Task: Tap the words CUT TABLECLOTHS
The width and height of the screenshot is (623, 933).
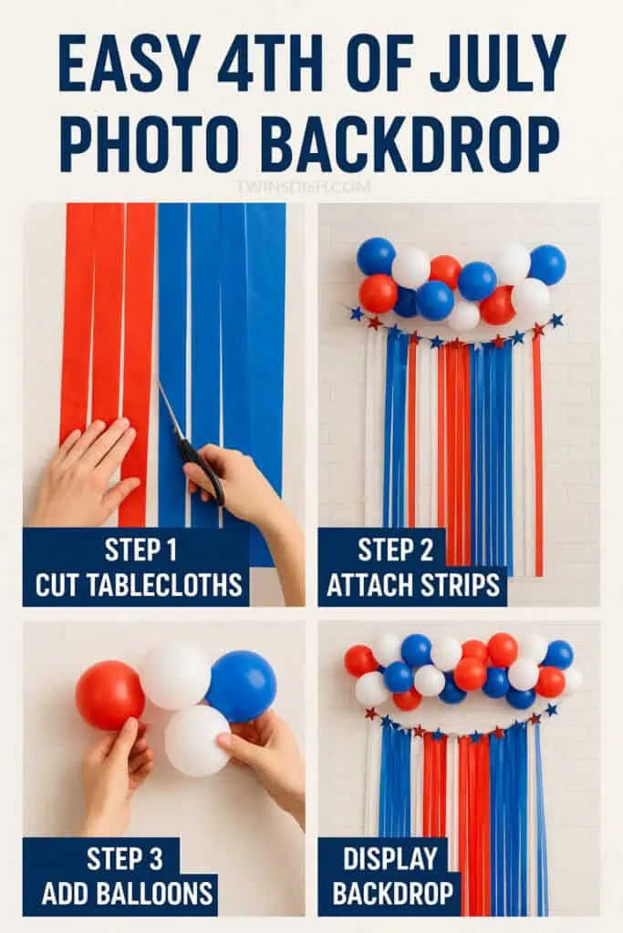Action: point(138,585)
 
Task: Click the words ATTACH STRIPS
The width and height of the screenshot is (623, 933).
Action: point(411,585)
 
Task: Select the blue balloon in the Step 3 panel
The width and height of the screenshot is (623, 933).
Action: point(242,685)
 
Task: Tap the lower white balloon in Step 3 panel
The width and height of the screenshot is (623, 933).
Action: point(197,740)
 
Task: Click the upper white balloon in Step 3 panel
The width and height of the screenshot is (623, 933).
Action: point(175,675)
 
